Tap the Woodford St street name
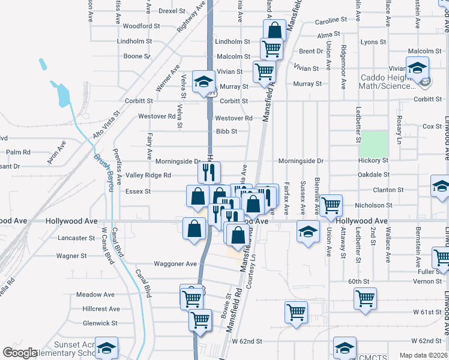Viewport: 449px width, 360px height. [x=141, y=26]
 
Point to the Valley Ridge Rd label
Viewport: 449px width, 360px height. [x=148, y=175]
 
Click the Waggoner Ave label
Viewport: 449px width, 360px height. [x=175, y=263]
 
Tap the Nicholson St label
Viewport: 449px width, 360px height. [x=374, y=205]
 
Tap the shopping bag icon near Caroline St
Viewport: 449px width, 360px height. [x=274, y=30]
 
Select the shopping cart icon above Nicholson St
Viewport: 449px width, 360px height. [x=331, y=205]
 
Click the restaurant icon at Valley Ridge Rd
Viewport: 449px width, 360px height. [x=209, y=172]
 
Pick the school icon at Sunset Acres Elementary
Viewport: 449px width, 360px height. [x=106, y=347]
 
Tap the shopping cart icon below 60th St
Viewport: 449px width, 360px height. [x=365, y=298]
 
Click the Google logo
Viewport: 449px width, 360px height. [x=19, y=353]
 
